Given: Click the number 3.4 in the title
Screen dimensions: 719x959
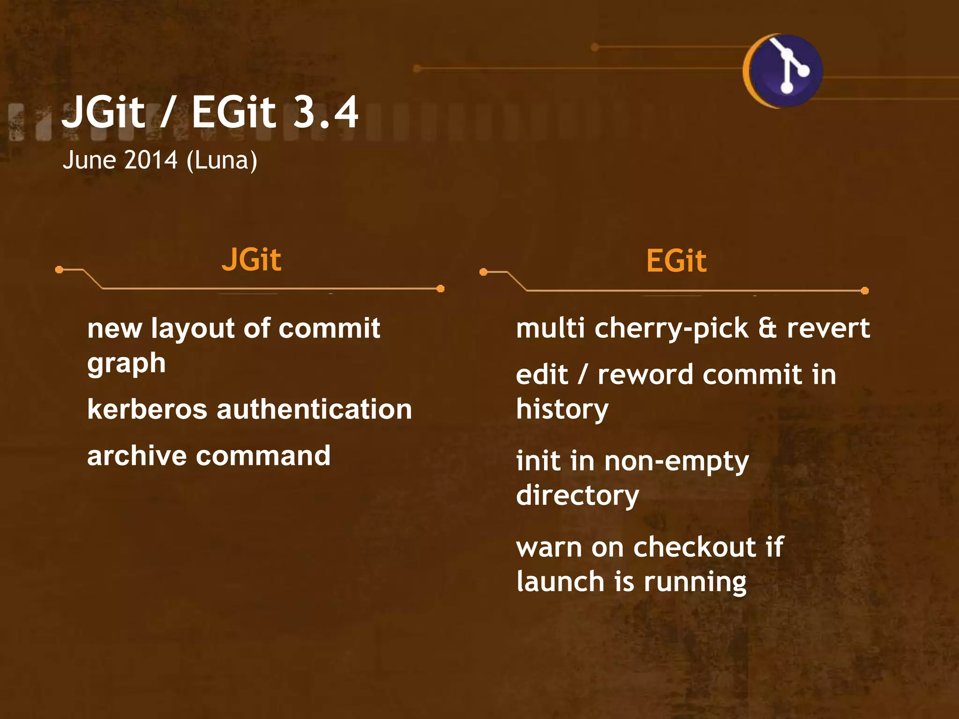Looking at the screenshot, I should pos(326,112).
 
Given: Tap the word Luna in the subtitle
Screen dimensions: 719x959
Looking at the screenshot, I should pos(221,161).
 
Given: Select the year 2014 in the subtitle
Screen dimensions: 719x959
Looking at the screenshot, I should pos(151,160).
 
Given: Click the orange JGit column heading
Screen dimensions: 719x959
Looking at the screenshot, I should pos(251,260).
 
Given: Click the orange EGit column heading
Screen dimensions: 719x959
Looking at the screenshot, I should pos(676,261).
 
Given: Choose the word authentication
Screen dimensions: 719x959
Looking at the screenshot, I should pos(314,409).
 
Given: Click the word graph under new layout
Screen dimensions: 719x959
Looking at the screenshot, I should pos(126,364).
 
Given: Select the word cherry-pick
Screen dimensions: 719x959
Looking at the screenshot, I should pos(671,329).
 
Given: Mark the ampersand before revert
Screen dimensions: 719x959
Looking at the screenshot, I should pos(767,328).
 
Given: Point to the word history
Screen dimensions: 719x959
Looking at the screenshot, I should pos(562,410).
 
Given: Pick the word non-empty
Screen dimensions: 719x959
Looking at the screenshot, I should pos(676,462).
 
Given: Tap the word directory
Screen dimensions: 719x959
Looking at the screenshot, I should pos(577,496).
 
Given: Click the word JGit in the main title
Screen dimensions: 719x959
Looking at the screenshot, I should pos(103,112).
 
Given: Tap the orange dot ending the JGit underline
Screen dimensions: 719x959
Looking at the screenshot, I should pos(440,288).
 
